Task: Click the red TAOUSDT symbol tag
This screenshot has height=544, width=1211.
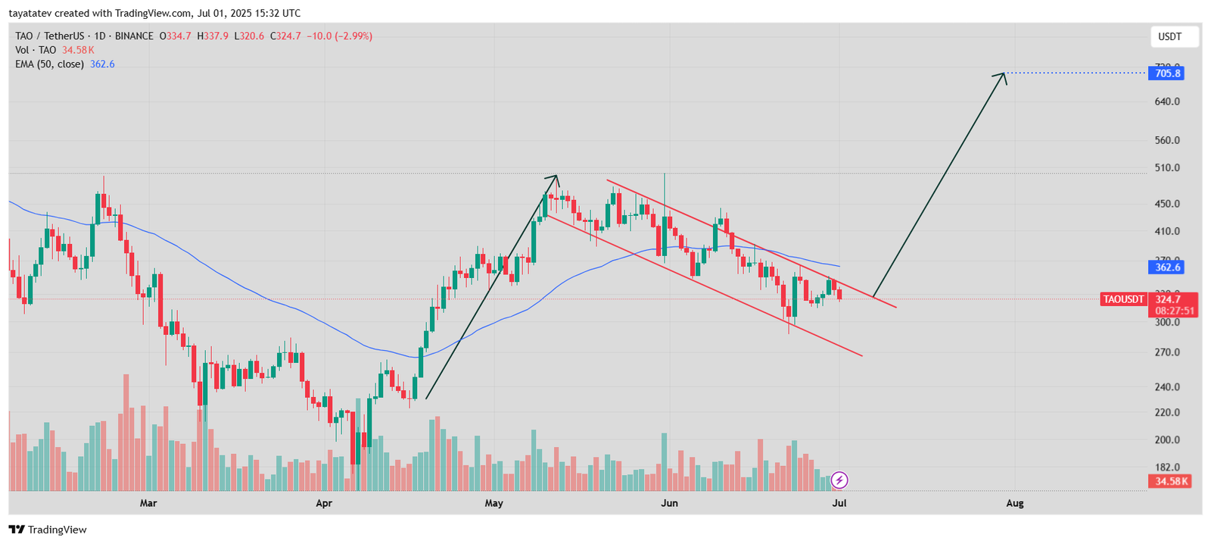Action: click(1123, 299)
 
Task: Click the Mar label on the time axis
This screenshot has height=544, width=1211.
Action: click(148, 503)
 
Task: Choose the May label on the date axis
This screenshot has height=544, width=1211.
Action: click(493, 503)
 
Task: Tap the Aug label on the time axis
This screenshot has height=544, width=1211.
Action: click(1014, 503)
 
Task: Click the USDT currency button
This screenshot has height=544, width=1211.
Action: click(1169, 36)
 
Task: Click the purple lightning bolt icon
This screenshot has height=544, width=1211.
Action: click(839, 480)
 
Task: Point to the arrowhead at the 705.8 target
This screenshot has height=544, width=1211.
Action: click(1004, 74)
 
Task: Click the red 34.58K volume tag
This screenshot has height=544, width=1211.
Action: click(1171, 481)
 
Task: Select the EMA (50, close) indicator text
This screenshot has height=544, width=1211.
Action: click(49, 64)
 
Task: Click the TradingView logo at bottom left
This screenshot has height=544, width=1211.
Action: click(48, 530)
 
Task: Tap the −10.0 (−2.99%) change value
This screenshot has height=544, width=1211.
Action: click(339, 36)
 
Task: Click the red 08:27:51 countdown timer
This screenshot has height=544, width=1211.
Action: click(1175, 311)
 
